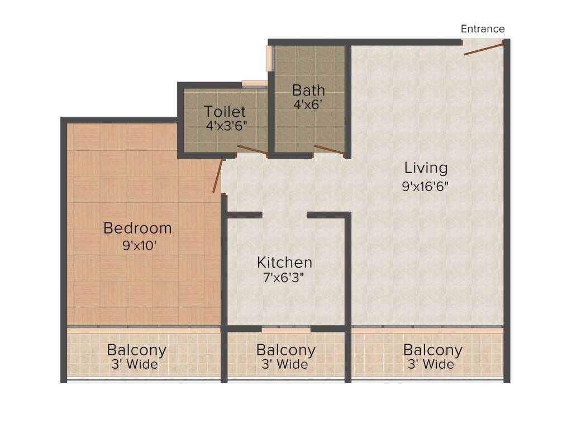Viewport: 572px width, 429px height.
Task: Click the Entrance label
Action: pyautogui.click(x=483, y=29)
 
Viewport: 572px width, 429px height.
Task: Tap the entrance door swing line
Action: pyautogui.click(x=484, y=49)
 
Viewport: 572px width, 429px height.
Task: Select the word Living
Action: pyautogui.click(x=426, y=168)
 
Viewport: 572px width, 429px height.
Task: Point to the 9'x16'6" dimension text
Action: pyautogui.click(x=425, y=186)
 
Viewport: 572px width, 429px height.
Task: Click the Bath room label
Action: pyautogui.click(x=308, y=90)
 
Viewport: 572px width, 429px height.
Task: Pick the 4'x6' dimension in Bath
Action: pyautogui.click(x=308, y=104)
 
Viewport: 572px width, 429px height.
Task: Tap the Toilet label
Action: pyautogui.click(x=225, y=111)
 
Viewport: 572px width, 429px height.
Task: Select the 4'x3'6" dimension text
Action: pyautogui.click(x=227, y=126)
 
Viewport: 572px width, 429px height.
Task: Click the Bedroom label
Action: pyautogui.click(x=137, y=228)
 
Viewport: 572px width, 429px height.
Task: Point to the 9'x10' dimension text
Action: pyautogui.click(x=139, y=246)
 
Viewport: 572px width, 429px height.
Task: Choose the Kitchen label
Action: pyautogui.click(x=284, y=263)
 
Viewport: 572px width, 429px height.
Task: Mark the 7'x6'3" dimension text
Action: pyautogui.click(x=283, y=278)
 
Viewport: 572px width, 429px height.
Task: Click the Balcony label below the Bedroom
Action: pyautogui.click(x=137, y=350)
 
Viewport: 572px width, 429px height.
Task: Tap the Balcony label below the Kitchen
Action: pyautogui.click(x=286, y=350)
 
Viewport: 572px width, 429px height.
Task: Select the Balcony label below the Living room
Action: pyautogui.click(x=433, y=350)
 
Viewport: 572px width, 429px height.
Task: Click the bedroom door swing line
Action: pyautogui.click(x=217, y=176)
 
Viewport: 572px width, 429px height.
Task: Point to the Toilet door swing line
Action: pyautogui.click(x=252, y=150)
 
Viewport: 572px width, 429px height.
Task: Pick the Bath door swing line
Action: pyautogui.click(x=330, y=150)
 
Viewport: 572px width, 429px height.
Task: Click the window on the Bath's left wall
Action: pyautogui.click(x=270, y=58)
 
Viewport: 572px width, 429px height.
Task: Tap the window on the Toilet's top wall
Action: pyautogui.click(x=255, y=84)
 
